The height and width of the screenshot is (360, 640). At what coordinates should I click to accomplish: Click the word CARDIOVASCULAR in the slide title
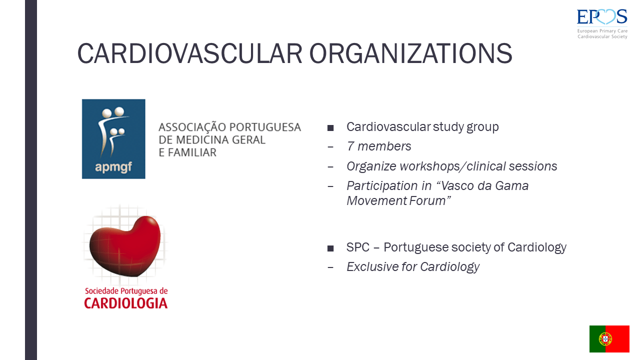189,53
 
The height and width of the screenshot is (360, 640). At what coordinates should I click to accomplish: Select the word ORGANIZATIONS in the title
411,53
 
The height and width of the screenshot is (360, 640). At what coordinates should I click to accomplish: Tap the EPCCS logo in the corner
602,23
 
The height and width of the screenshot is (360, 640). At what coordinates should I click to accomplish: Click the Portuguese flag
609,339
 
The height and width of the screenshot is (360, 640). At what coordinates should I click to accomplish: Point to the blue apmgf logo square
113,139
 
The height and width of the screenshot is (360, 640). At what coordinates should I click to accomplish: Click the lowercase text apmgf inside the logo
113,166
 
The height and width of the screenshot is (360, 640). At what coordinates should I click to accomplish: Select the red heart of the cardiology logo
125,245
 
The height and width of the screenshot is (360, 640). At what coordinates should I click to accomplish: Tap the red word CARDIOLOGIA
125,303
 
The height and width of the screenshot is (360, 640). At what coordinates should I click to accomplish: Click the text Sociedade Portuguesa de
126,291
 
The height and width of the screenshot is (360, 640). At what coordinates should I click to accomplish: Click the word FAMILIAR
192,152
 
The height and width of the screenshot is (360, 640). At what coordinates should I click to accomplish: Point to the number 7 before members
350,146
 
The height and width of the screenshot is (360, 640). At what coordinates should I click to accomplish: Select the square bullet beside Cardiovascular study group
330,127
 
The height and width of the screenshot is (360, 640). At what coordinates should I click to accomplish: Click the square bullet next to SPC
330,248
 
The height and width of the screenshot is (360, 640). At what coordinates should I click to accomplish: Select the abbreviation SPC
358,247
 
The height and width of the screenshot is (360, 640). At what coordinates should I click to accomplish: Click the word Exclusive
372,266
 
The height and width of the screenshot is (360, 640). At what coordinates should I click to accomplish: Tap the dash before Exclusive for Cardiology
330,267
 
